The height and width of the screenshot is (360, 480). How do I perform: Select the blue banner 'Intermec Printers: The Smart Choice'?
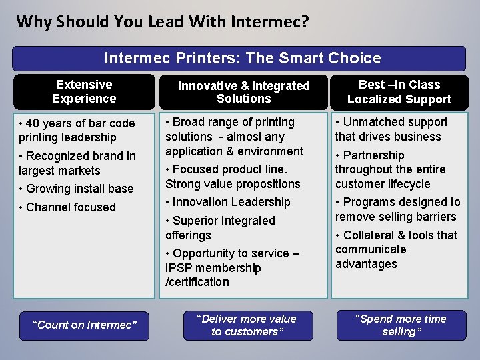239,58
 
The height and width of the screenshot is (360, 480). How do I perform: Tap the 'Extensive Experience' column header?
84,91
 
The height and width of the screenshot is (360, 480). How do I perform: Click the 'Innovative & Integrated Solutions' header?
243,92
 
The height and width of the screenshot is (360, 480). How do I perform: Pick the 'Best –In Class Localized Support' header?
399,92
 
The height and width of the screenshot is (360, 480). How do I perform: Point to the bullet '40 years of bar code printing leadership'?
77,130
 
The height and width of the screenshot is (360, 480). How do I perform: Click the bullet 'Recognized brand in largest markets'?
77,163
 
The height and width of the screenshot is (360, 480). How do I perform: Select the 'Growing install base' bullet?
79,189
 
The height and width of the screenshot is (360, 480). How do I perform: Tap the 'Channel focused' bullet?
71,207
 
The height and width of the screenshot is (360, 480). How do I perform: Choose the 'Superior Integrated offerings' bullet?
220,227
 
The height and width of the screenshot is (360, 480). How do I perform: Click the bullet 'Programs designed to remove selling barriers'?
397,209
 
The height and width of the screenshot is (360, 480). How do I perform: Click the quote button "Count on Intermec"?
85,325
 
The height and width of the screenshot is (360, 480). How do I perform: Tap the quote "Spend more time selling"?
401,325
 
